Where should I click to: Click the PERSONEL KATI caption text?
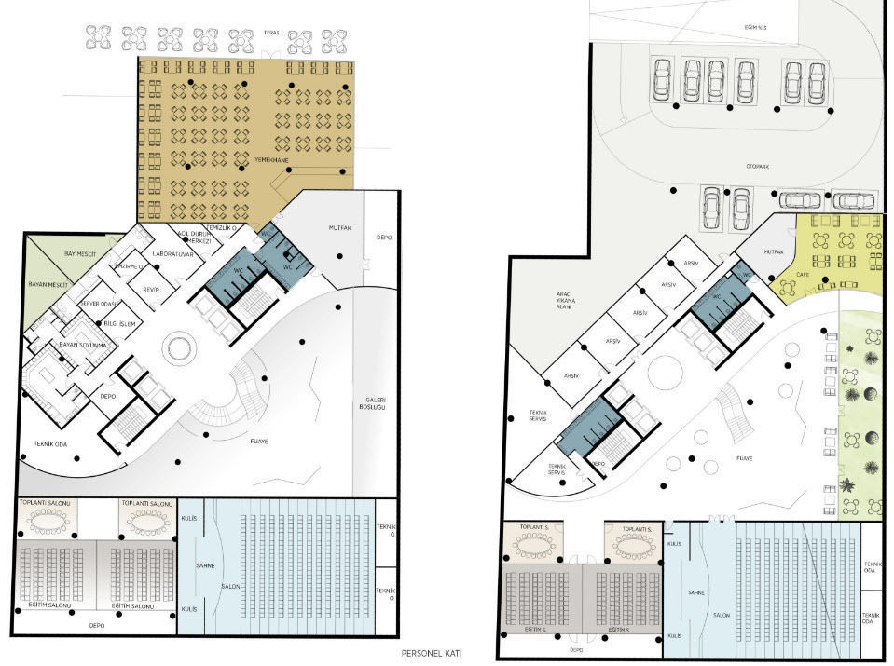point(431,654)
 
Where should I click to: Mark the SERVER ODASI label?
point(99,305)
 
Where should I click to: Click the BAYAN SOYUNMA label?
point(84,345)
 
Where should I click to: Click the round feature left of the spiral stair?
point(176,349)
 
